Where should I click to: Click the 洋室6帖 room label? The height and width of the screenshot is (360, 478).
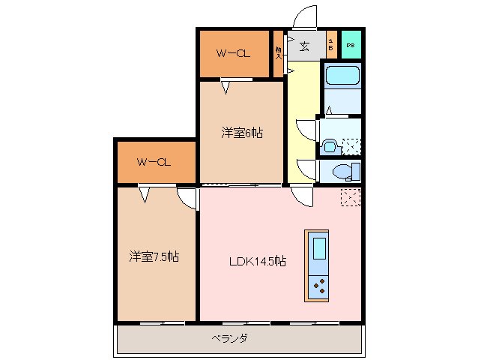(241, 133)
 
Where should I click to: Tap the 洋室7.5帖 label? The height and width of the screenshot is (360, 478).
(152, 256)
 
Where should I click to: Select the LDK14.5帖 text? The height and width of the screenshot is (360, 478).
(257, 261)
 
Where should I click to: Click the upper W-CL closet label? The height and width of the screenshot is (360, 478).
(233, 53)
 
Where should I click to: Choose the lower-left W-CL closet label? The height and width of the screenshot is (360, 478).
(154, 162)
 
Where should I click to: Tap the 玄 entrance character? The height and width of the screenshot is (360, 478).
(304, 46)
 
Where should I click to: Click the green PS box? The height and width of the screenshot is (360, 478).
(351, 46)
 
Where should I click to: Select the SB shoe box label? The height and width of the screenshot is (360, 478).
(331, 46)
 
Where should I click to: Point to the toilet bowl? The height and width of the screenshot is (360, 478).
(344, 172)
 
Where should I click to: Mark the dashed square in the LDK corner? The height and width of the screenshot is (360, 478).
(350, 197)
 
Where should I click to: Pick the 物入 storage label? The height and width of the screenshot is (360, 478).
(278, 52)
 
